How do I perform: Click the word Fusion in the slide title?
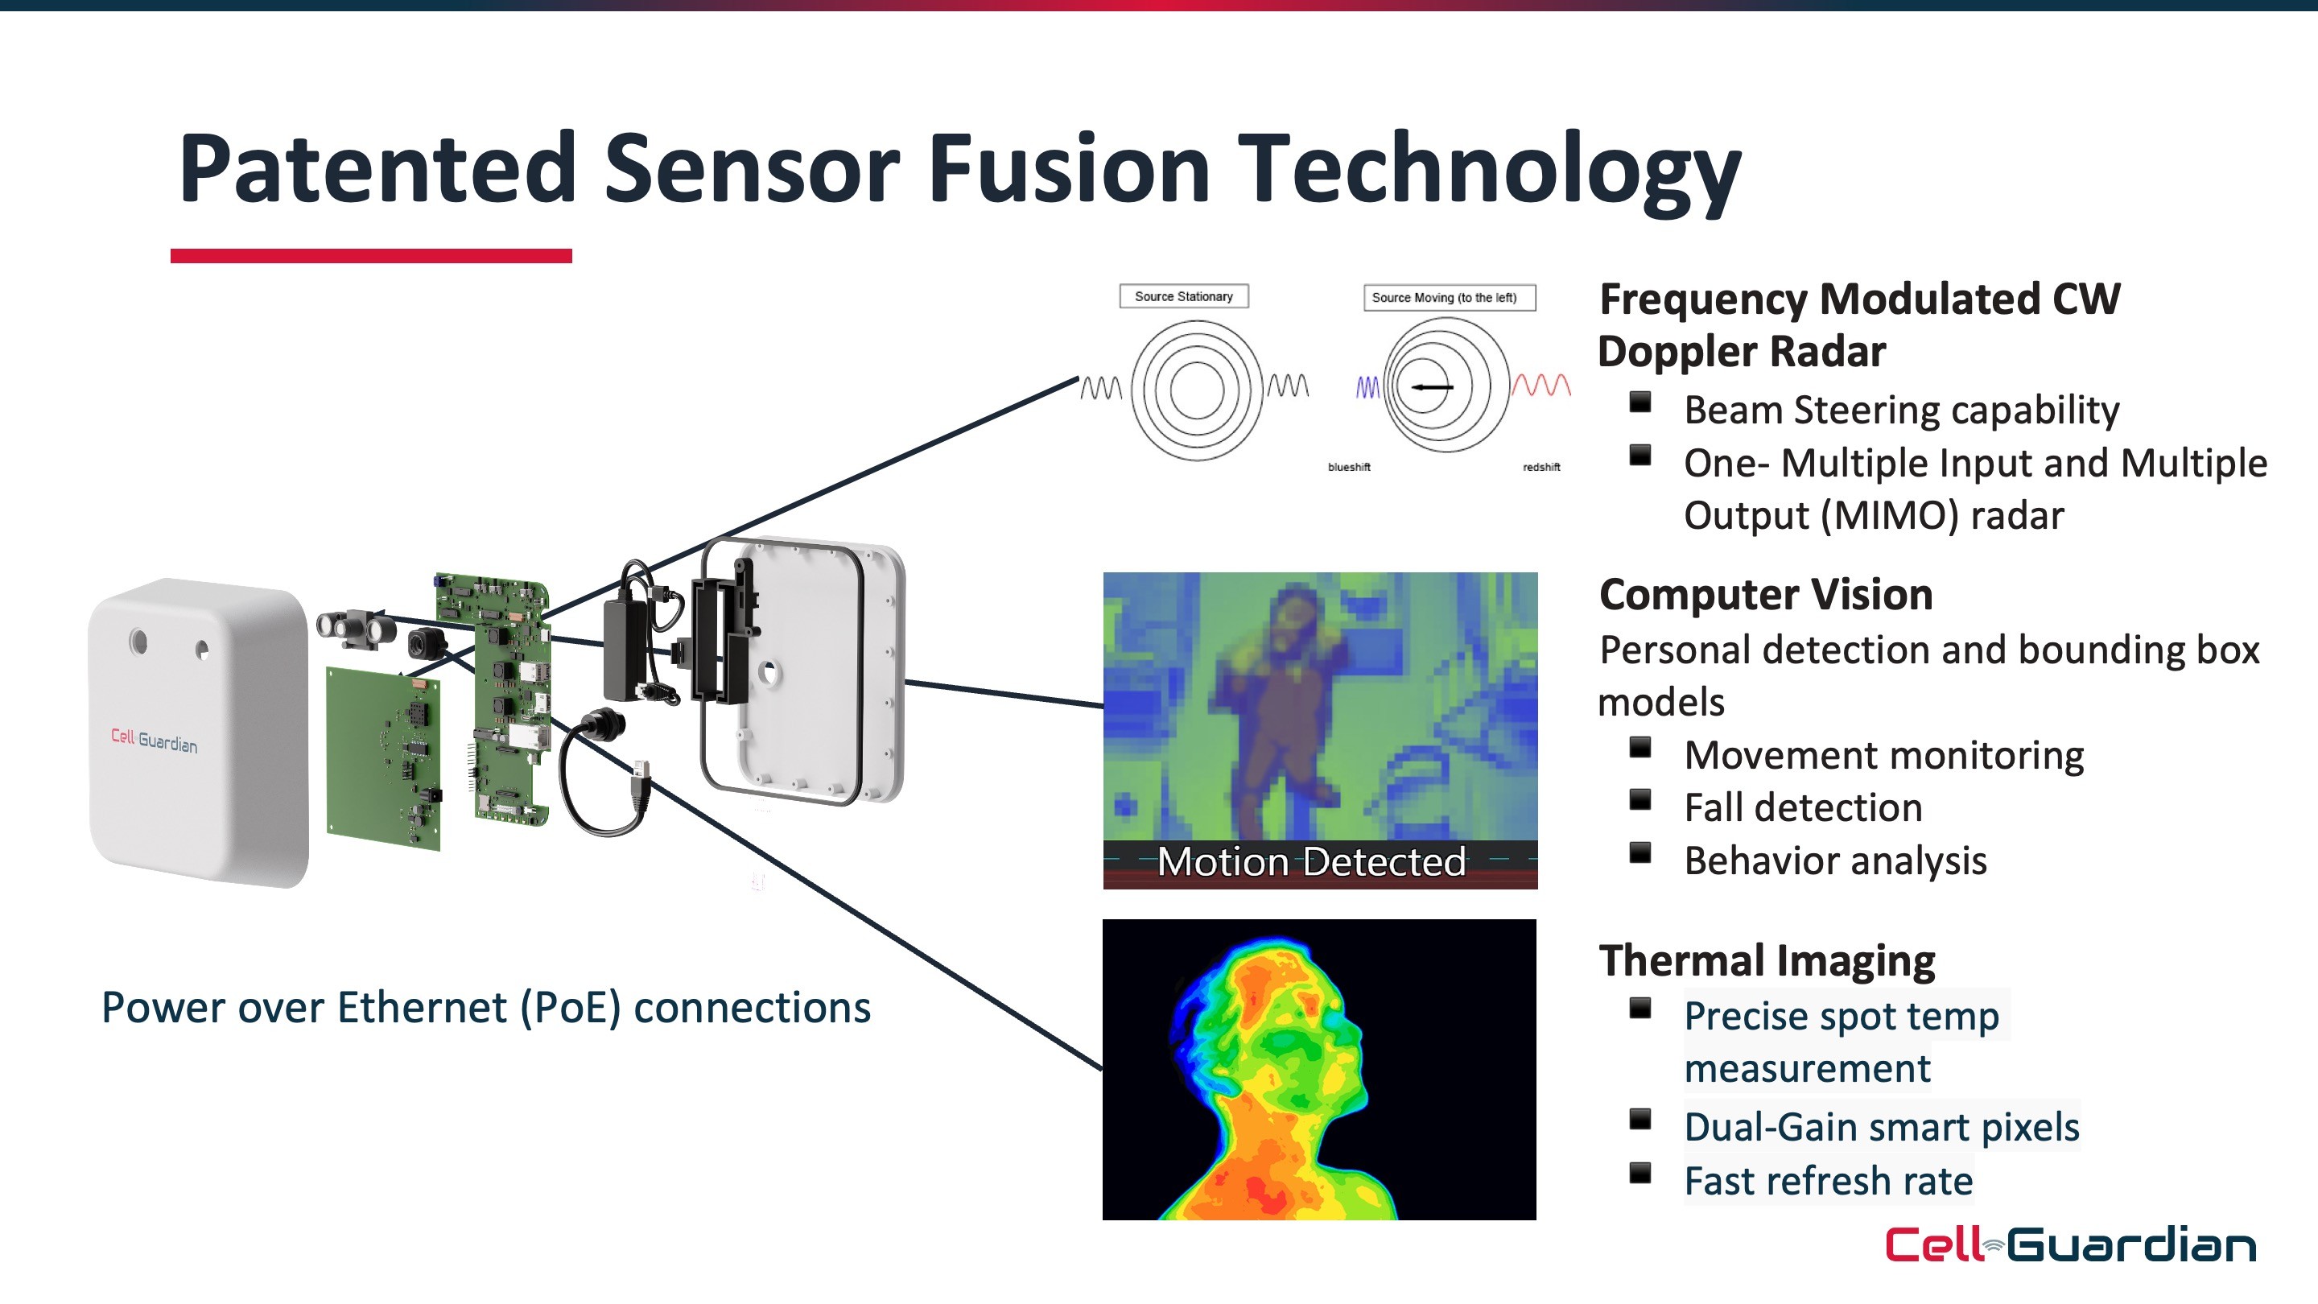point(1069,168)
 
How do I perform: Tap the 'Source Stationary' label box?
point(1183,296)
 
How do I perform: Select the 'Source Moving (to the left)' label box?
point(1448,298)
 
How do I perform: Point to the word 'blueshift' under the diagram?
point(1349,467)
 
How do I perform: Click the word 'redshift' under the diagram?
point(1541,467)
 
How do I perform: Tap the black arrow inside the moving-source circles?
point(1432,387)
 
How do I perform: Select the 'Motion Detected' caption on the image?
point(1311,862)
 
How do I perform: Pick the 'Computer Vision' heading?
point(1766,595)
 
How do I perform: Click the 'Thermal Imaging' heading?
point(1767,960)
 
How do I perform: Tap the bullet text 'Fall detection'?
point(1802,807)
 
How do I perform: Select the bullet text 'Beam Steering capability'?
point(1901,411)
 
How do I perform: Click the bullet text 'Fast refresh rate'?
point(1828,1181)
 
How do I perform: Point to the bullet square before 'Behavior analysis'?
point(1640,852)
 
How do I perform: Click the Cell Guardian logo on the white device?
point(154,741)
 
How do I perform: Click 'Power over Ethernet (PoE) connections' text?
point(486,1008)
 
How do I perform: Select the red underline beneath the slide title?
point(371,257)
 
